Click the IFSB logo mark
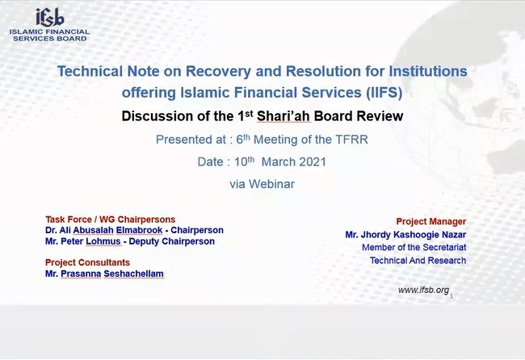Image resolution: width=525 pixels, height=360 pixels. pos(50,18)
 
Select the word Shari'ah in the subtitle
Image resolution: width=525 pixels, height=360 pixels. pos(283,116)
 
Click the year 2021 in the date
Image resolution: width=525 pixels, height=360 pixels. pos(313,162)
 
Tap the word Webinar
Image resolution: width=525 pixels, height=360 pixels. pos(271,184)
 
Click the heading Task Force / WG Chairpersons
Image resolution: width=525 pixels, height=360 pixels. pos(111,220)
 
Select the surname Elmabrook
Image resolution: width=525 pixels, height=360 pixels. pos(139,230)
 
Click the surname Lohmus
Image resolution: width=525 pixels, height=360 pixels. pos(103,241)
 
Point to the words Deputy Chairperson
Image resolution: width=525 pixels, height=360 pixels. pos(172,241)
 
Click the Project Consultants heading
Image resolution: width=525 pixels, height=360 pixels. pos(88,262)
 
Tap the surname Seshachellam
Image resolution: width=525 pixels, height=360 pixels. pos(133,274)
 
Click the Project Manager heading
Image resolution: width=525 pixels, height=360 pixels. pos(431,221)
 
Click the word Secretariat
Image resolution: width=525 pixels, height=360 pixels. pos(446,247)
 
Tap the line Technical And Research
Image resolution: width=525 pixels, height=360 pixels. pos(418,260)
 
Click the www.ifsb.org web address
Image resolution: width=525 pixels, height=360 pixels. pos(423,290)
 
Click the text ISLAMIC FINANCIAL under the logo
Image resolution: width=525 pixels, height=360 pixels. pos(49,31)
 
